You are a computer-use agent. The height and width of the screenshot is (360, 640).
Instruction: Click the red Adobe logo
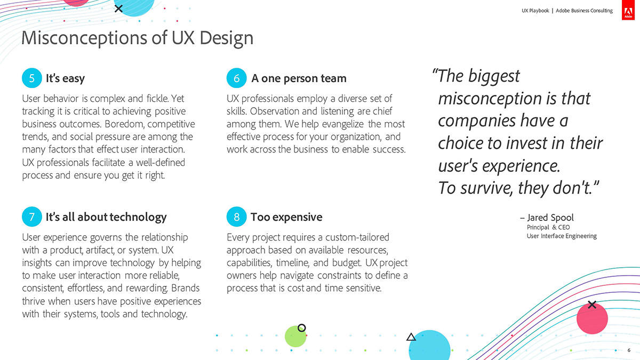pyautogui.click(x=628, y=10)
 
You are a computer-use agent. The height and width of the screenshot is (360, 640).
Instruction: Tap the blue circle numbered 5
pyautogui.click(x=32, y=78)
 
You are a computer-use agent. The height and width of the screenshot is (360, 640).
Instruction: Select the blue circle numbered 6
pyautogui.click(x=237, y=78)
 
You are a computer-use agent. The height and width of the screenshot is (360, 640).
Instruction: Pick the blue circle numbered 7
pyautogui.click(x=32, y=217)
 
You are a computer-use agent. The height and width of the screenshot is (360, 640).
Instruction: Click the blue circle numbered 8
pyautogui.click(x=237, y=217)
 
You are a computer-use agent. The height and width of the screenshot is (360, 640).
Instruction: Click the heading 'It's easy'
pyautogui.click(x=65, y=78)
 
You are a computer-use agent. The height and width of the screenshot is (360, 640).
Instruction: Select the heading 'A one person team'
pyautogui.click(x=299, y=78)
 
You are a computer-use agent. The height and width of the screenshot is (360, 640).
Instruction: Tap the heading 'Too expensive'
pyautogui.click(x=286, y=217)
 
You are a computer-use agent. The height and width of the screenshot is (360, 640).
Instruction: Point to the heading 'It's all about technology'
pyautogui.click(x=106, y=217)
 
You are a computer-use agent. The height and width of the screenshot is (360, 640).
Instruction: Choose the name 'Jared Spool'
pyautogui.click(x=550, y=218)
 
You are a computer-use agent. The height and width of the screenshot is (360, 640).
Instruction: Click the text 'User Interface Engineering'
pyautogui.click(x=562, y=236)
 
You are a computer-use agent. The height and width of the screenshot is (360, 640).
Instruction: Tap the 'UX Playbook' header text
pyautogui.click(x=535, y=11)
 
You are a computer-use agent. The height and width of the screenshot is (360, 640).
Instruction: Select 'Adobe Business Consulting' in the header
pyautogui.click(x=584, y=11)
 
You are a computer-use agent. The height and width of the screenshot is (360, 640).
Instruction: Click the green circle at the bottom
pyautogui.click(x=295, y=337)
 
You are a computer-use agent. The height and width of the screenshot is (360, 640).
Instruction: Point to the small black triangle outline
pyautogui.click(x=411, y=338)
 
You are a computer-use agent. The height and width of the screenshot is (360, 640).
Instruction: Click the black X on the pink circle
pyautogui.click(x=592, y=305)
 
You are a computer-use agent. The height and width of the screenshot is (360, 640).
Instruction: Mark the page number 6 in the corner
pyautogui.click(x=629, y=350)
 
